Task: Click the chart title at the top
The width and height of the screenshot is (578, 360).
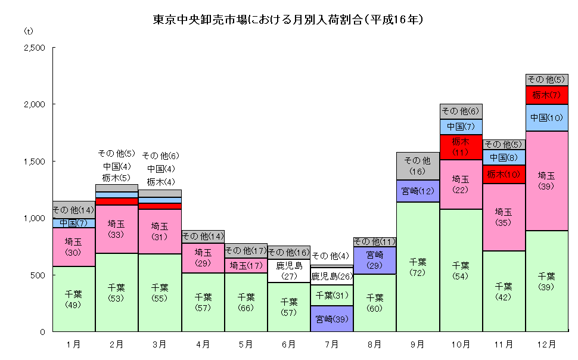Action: pyautogui.click(x=288, y=20)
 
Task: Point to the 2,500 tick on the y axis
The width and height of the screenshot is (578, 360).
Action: pyautogui.click(x=35, y=48)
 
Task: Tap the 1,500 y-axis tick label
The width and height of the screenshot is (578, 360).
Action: pyautogui.click(x=35, y=162)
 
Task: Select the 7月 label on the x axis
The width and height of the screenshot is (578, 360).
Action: pyautogui.click(x=331, y=344)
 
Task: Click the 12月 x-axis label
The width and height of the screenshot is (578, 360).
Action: pyautogui.click(x=546, y=344)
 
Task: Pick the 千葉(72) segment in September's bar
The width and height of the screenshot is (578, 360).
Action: pyautogui.click(x=418, y=266)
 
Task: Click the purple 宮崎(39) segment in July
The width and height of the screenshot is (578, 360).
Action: pyautogui.click(x=332, y=318)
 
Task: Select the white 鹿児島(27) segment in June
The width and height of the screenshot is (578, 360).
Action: pyautogui.click(x=289, y=271)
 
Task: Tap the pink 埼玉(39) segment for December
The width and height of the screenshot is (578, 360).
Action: pyautogui.click(x=546, y=181)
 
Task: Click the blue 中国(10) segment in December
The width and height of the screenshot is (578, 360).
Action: pyautogui.click(x=546, y=117)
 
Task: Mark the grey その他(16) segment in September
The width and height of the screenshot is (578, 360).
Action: pyautogui.click(x=418, y=166)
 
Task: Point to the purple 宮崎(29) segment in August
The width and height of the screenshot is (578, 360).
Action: pyautogui.click(x=375, y=260)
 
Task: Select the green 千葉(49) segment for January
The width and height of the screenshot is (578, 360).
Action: pyautogui.click(x=74, y=299)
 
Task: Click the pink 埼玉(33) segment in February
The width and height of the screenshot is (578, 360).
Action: pyautogui.click(x=117, y=229)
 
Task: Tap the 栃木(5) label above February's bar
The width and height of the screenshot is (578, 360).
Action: pyautogui.click(x=117, y=177)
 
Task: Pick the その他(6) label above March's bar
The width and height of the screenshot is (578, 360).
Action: pyautogui.click(x=160, y=156)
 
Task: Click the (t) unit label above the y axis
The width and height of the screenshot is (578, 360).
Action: pyautogui.click(x=29, y=30)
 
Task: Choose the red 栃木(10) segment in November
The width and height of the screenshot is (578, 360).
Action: pyautogui.click(x=504, y=174)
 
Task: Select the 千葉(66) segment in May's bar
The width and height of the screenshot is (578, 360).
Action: pyautogui.click(x=246, y=302)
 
